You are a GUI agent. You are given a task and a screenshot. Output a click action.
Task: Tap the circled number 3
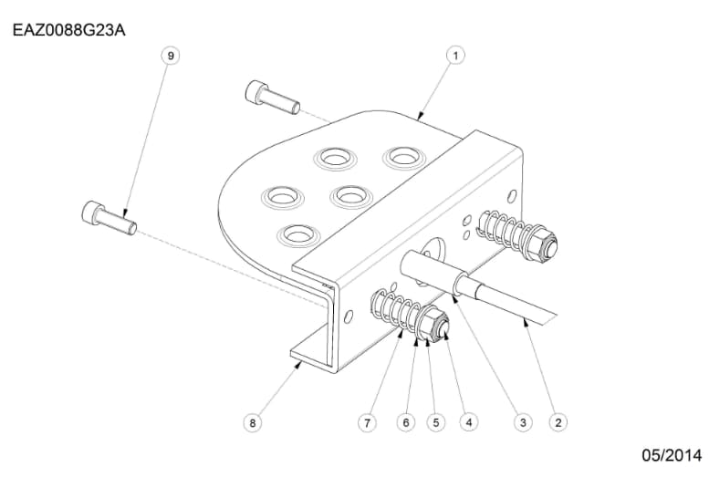(523, 422)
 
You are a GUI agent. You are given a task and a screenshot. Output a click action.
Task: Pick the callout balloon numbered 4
(468, 422)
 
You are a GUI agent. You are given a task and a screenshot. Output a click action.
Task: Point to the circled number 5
(435, 422)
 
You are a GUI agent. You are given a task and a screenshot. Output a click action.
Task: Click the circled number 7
(366, 422)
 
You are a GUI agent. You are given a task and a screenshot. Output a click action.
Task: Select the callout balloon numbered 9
(170, 56)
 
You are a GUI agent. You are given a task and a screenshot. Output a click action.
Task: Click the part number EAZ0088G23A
(68, 30)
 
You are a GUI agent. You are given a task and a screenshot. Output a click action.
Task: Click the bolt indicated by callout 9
(108, 217)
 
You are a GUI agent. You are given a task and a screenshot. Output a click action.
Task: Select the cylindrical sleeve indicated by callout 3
(434, 274)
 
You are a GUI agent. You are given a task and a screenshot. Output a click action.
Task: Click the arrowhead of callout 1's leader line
(419, 119)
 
